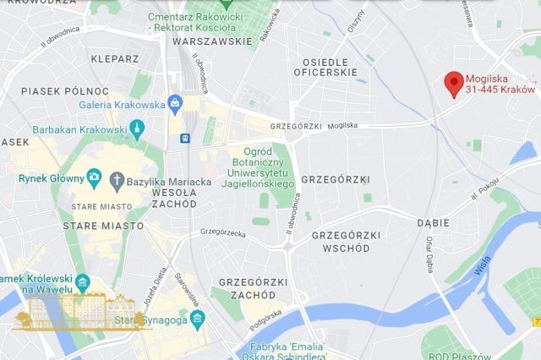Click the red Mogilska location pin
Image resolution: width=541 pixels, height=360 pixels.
(455, 83)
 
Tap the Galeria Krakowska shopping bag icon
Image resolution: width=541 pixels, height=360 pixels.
(175, 105)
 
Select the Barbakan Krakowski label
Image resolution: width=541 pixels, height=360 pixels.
(79, 129)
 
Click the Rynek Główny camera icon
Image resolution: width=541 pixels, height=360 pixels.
(95, 178)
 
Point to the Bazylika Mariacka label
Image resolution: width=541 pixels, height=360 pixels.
(168, 181)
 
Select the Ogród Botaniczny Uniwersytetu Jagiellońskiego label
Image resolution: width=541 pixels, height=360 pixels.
(257, 167)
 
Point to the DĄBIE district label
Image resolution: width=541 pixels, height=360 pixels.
(433, 221)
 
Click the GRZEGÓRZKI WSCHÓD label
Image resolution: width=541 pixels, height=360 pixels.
(345, 241)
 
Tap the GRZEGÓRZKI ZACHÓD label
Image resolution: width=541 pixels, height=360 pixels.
(247, 288)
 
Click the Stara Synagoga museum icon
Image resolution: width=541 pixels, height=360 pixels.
(197, 319)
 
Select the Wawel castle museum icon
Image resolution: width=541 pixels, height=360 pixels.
(82, 281)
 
